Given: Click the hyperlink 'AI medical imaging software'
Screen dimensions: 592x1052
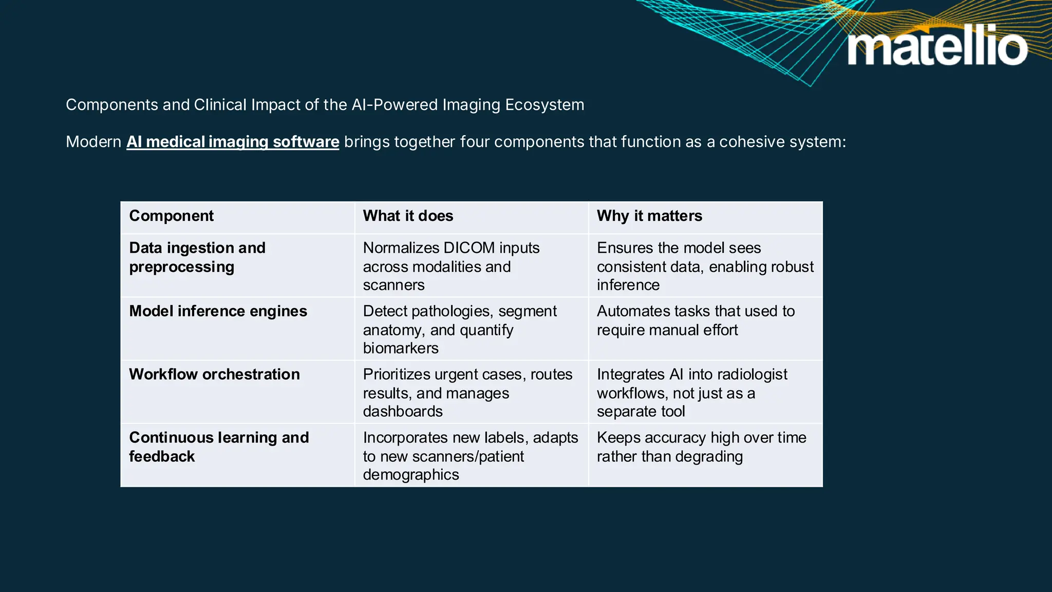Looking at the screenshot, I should (x=233, y=142).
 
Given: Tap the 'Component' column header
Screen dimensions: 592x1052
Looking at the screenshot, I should (x=171, y=216).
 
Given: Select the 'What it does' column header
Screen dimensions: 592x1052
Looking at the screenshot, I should (x=408, y=216).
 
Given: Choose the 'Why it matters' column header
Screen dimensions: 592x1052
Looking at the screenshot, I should (x=649, y=216).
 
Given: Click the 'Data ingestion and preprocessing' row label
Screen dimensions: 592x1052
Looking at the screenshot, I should (x=197, y=257).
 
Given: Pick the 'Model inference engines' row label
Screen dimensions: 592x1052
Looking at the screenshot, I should (x=218, y=311).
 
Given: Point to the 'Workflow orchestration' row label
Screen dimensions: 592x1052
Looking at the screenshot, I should (x=214, y=375).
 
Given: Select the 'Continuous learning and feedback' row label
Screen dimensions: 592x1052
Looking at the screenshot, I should (x=219, y=447).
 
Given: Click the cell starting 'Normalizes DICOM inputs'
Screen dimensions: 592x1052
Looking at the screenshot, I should (x=451, y=266).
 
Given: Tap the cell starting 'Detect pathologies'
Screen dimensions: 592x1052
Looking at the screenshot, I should (x=459, y=329).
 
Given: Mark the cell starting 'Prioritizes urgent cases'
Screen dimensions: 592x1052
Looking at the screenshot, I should (x=467, y=393).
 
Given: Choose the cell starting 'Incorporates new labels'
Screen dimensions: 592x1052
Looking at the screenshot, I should (x=470, y=456).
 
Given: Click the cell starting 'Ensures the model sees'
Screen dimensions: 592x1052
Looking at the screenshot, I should (x=705, y=266).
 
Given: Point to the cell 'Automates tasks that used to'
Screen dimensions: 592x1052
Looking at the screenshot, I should (x=696, y=321).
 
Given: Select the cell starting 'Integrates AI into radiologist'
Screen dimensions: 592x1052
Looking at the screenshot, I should (x=691, y=393).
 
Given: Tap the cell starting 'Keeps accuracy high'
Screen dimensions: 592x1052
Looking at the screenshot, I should (x=701, y=447).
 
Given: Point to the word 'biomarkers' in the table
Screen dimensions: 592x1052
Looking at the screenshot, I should (x=401, y=348).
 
